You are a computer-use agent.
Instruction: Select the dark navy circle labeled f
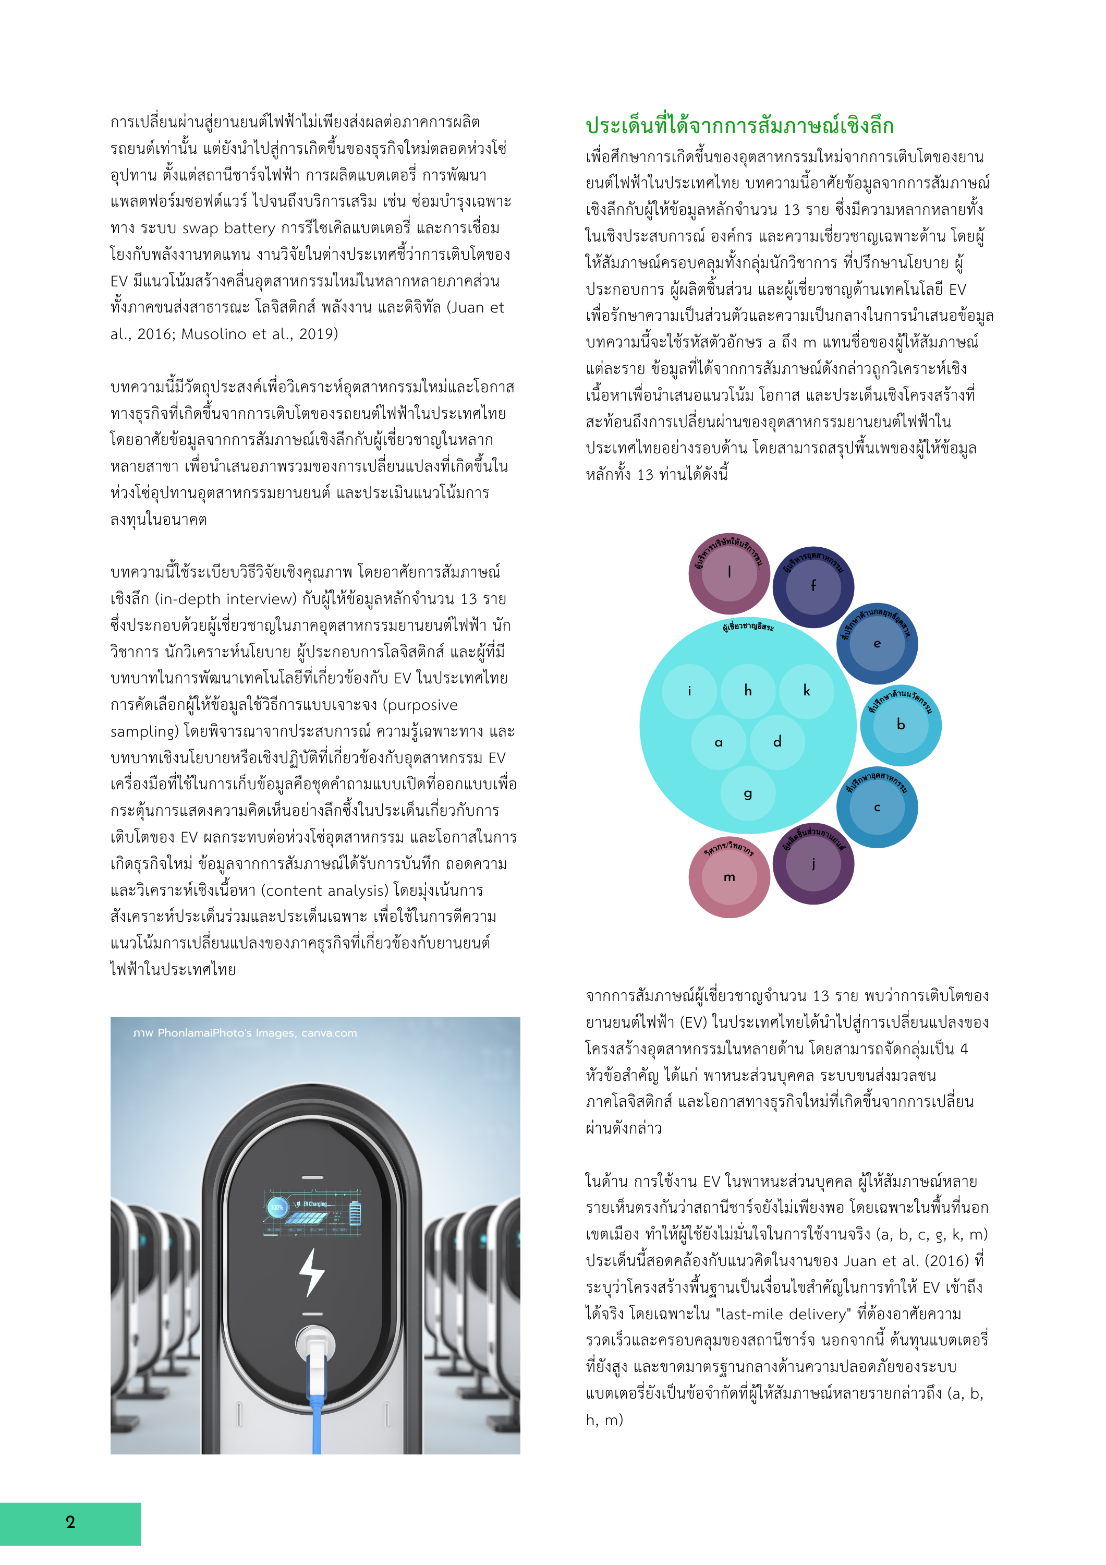(x=813, y=587)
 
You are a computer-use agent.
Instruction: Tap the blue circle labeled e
(x=877, y=643)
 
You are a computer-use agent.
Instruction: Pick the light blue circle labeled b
(x=901, y=725)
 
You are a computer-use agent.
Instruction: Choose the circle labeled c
(x=877, y=808)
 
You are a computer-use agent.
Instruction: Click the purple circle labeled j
(x=813, y=864)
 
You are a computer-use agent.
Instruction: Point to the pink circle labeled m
(x=729, y=877)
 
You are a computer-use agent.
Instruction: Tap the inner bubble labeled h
(x=748, y=691)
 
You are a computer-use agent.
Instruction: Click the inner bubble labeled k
(x=807, y=691)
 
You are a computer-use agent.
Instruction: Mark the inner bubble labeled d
(x=777, y=742)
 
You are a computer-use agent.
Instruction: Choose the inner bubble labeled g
(x=748, y=793)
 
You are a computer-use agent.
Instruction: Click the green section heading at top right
(x=739, y=125)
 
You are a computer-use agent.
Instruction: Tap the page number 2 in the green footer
(x=70, y=1522)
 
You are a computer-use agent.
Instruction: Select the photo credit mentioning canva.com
(x=245, y=1033)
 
